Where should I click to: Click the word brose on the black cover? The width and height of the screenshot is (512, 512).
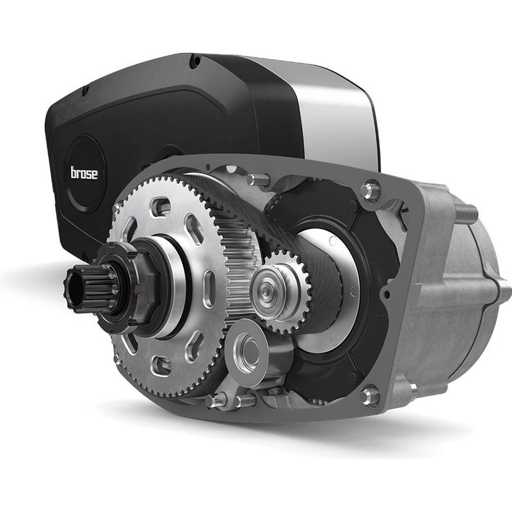[x=84, y=173]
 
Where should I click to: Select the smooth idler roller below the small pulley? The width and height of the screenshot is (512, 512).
[x=248, y=352]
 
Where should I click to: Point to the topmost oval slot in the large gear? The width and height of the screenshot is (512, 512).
[x=161, y=206]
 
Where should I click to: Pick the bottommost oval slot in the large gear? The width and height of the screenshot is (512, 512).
[x=161, y=365]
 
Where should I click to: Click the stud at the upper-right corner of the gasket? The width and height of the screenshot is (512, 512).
[x=371, y=191]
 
